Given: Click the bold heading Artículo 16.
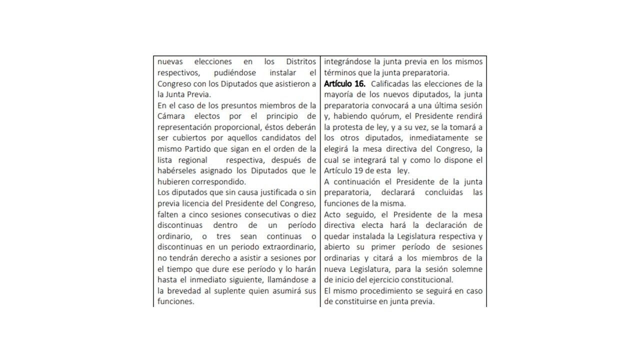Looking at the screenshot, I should click(344, 83).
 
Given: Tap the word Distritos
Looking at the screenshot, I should click(300, 61).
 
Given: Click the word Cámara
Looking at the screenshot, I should click(171, 116).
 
